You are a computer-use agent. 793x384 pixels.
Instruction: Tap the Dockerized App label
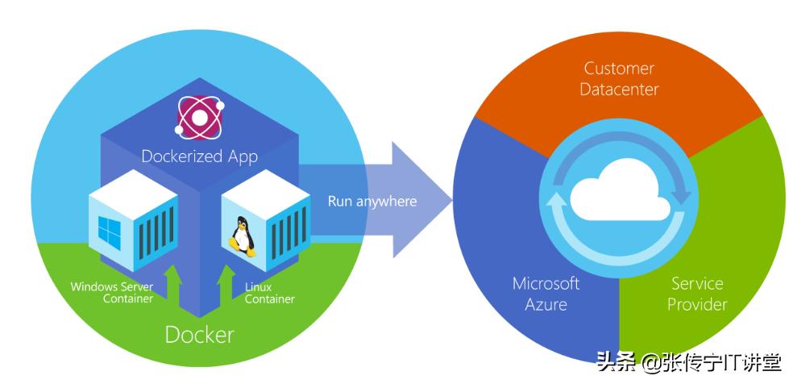199,156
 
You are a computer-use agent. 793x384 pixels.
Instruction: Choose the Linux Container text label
269,293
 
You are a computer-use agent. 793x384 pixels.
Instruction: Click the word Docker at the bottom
199,333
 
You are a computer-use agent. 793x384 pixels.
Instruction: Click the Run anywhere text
372,200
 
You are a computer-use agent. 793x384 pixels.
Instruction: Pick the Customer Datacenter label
620,78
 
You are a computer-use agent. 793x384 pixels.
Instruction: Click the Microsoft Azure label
546,294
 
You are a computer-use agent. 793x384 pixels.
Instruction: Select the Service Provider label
697,294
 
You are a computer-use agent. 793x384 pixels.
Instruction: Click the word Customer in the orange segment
620,69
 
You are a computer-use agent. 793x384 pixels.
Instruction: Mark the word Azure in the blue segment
546,304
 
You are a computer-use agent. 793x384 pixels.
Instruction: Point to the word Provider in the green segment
697,304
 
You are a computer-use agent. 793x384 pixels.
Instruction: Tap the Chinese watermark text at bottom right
688,362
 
